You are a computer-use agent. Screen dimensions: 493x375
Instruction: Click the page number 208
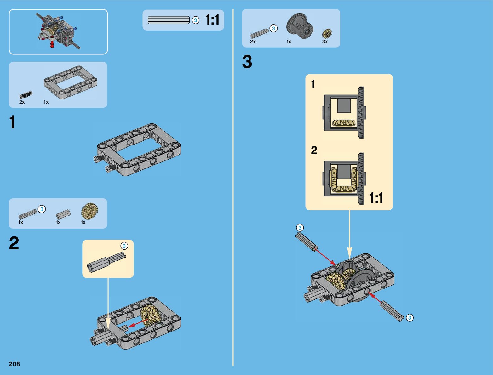point(14,364)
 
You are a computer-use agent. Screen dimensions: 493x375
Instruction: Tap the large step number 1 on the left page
point(12,122)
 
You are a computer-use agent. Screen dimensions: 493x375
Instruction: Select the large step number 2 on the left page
point(14,243)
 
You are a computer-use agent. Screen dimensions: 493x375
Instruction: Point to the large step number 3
point(247,62)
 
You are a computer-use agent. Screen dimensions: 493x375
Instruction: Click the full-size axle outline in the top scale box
point(169,20)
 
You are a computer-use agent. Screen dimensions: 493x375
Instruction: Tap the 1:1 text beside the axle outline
point(212,20)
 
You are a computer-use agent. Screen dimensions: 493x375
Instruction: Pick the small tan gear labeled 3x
point(327,33)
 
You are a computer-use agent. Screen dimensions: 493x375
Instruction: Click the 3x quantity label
point(325,42)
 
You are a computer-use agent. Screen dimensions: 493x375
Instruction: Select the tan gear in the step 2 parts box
point(89,211)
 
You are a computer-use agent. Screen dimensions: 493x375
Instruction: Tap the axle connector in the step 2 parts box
point(63,214)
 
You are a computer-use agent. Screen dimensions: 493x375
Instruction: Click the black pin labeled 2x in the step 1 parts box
point(26,95)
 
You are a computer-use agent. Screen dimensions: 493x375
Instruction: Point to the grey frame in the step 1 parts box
point(70,82)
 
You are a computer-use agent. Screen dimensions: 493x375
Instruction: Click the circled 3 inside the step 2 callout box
point(124,246)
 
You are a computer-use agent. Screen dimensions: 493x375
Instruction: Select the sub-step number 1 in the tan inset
point(313,84)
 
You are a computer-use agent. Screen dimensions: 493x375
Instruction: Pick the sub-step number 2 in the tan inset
point(314,150)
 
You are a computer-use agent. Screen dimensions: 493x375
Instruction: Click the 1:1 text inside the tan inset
point(376,198)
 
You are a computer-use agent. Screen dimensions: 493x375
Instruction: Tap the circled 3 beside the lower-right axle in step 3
point(410,318)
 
